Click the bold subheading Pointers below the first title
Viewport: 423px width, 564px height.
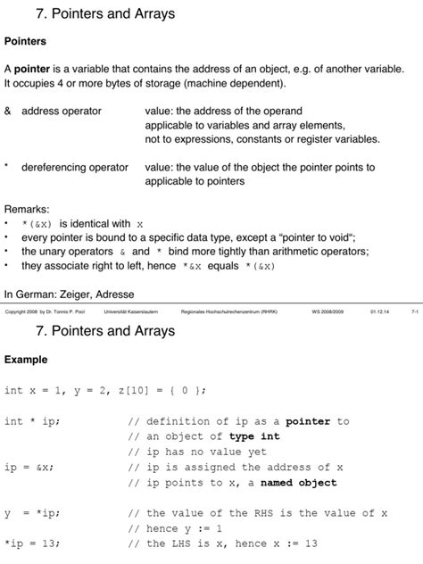25,41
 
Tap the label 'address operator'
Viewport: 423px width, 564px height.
61,111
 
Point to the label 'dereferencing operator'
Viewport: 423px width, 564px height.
74,167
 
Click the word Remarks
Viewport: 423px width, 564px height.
26,209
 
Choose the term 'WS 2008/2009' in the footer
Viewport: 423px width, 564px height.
328,312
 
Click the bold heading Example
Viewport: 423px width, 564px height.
26,360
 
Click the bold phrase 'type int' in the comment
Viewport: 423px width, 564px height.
254,436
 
